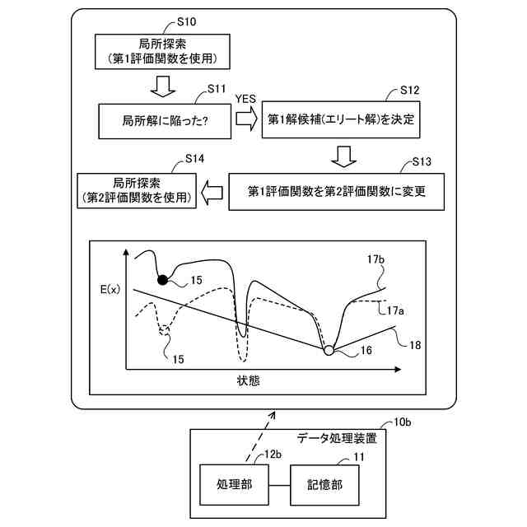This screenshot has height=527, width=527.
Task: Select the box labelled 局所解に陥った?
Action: coord(165,121)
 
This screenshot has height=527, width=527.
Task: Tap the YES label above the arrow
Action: coord(246,99)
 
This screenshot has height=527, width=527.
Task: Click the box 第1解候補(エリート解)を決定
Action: coord(342,120)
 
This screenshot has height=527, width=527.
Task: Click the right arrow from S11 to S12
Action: coord(246,120)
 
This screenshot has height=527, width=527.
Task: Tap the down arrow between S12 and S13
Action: coord(345,156)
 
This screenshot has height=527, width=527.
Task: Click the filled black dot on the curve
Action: coord(162,280)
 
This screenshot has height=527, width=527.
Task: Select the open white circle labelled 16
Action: coord(329,351)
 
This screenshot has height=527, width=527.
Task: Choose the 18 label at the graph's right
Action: coord(415,345)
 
